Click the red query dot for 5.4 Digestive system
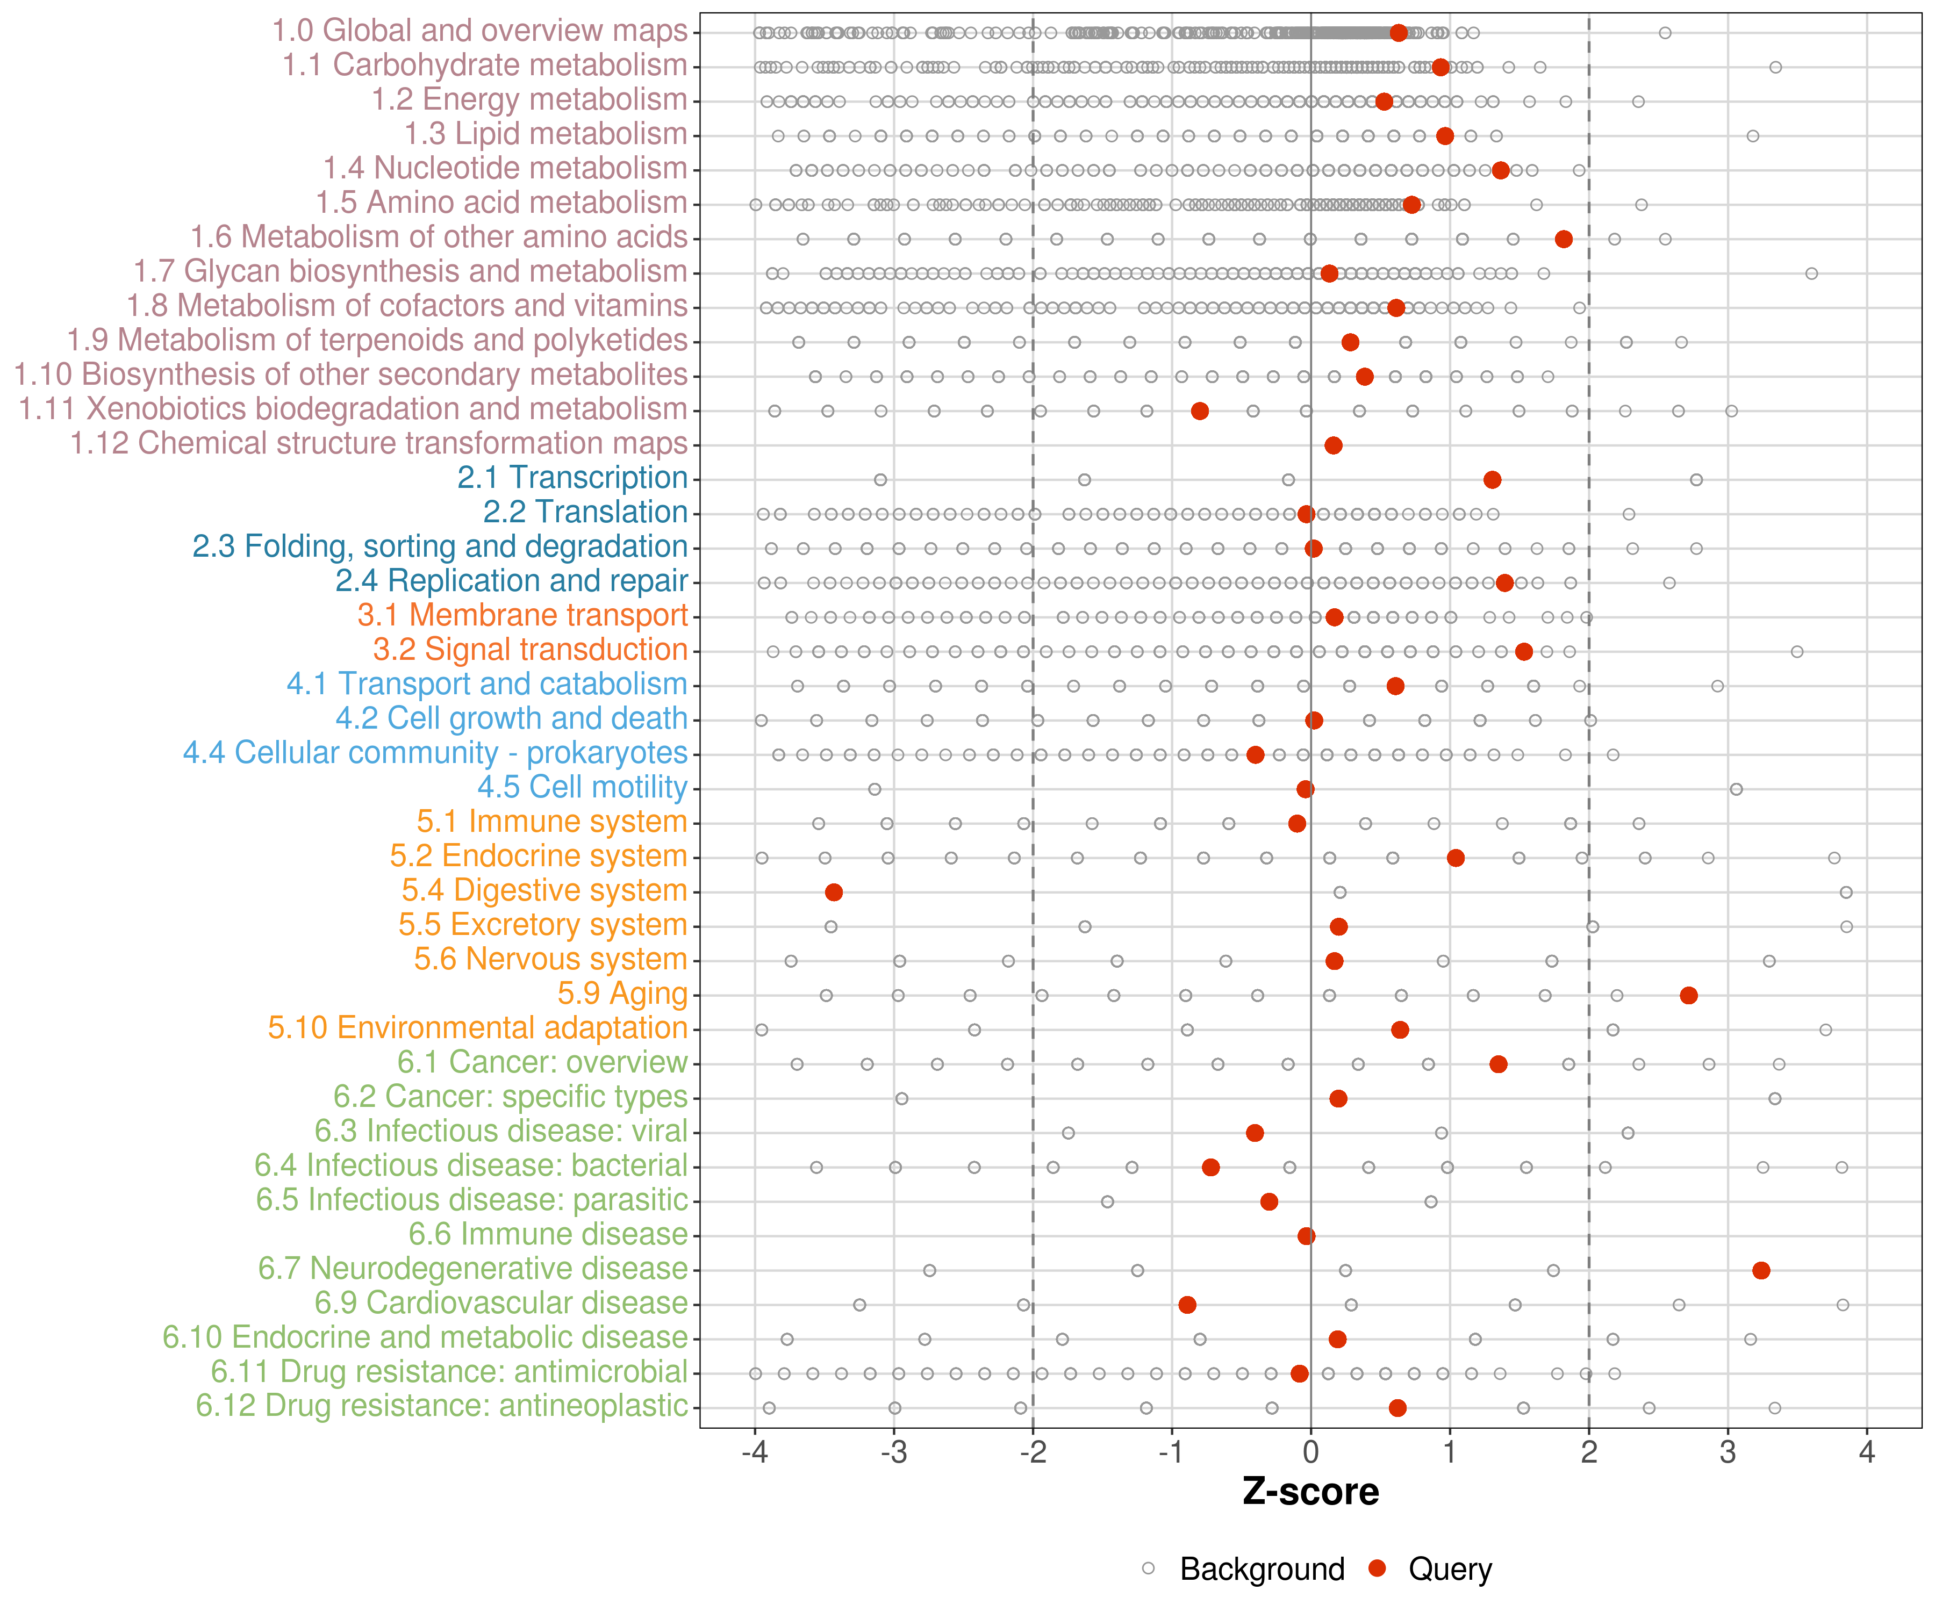click(834, 891)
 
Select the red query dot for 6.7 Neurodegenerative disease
click(1761, 1270)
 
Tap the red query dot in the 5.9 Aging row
click(1688, 995)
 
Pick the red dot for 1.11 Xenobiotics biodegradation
click(1199, 411)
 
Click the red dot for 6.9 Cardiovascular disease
click(1187, 1304)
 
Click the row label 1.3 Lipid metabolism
click(546, 134)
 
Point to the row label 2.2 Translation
click(585, 512)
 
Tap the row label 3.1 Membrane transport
click(522, 615)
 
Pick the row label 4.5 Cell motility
click(582, 788)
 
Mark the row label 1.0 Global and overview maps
click(479, 31)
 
